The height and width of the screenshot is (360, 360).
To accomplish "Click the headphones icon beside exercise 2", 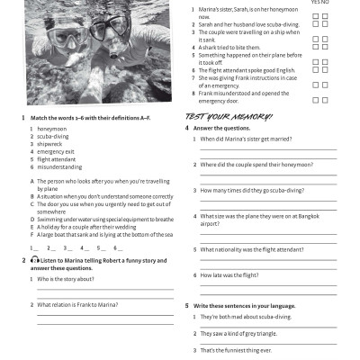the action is click(x=33, y=261).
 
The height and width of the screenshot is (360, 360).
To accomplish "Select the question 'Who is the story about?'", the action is click(x=70, y=279).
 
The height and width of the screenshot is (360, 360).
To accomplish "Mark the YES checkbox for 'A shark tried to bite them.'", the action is click(x=316, y=47).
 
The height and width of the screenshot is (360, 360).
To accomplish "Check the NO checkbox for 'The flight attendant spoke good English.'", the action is click(x=324, y=69).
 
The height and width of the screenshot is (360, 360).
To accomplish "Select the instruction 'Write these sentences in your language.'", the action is click(x=244, y=306).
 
